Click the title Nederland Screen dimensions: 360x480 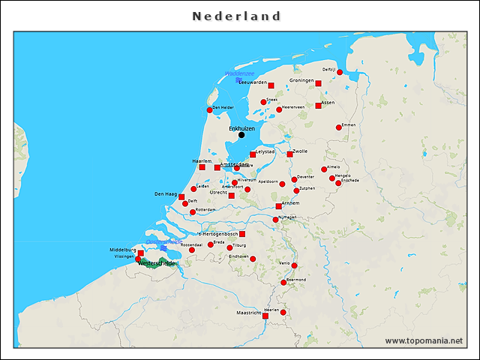click(237, 16)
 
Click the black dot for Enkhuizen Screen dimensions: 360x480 click(241, 135)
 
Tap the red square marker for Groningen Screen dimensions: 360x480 click(319, 84)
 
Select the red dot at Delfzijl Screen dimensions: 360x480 click(340, 72)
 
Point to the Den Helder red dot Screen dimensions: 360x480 click(210, 110)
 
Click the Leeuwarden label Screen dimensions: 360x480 click(252, 82)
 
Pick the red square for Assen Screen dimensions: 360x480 click(319, 106)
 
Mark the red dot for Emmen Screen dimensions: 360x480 click(338, 127)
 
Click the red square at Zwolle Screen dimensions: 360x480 click(290, 154)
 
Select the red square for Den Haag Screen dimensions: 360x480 click(181, 196)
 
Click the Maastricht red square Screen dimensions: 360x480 click(265, 316)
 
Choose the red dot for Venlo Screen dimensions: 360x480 click(295, 265)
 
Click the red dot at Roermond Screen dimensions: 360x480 click(283, 282)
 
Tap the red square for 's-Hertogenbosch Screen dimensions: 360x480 click(241, 234)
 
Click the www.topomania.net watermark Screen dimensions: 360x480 click(424, 340)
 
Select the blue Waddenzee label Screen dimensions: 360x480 click(240, 73)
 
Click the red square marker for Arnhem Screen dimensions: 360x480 click(279, 206)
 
